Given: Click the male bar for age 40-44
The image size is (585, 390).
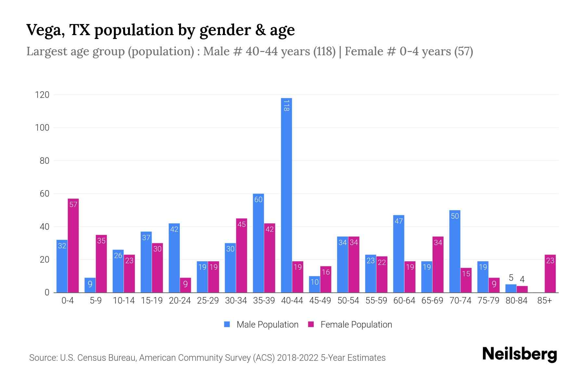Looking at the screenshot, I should click(x=286, y=195).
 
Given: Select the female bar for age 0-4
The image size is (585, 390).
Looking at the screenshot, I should click(x=73, y=245).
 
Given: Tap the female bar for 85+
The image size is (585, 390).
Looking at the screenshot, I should click(x=550, y=274).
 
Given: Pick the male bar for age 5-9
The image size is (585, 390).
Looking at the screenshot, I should click(x=90, y=285).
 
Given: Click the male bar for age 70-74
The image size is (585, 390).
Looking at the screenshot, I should click(x=455, y=251).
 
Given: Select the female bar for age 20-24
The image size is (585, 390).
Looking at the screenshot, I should click(x=185, y=285).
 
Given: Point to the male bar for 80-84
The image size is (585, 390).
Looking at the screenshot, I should click(x=511, y=288).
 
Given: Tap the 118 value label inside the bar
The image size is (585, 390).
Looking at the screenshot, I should click(x=286, y=106).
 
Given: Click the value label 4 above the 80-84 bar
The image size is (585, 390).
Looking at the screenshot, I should click(x=522, y=279).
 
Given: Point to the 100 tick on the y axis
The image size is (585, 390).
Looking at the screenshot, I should click(x=42, y=128).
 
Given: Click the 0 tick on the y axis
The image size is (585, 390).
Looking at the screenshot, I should click(x=47, y=292).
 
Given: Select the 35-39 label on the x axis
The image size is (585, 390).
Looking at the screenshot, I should click(x=264, y=301).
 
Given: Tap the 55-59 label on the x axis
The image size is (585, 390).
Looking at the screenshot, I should click(x=376, y=301).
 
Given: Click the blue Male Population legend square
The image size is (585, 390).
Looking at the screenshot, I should click(x=227, y=324).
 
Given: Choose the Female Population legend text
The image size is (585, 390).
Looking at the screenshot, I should click(x=356, y=324).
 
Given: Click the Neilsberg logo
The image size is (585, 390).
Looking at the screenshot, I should click(x=519, y=354).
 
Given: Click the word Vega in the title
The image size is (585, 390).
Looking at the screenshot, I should click(x=44, y=30).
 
